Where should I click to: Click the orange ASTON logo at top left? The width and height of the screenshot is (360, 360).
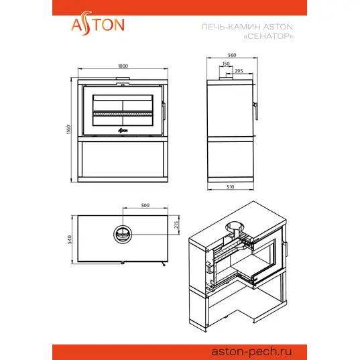tap(98, 23)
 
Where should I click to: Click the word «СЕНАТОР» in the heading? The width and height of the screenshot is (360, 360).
tap(268, 36)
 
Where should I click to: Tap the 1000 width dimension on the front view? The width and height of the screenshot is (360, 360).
tap(123, 66)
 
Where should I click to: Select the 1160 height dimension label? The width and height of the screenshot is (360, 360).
tap(68, 129)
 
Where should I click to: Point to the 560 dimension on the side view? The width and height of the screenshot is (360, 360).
tap(232, 55)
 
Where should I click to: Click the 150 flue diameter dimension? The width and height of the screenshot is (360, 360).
tap(226, 64)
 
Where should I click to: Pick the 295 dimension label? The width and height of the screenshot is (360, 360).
tap(239, 70)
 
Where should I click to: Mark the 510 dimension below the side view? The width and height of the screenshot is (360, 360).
tap(231, 186)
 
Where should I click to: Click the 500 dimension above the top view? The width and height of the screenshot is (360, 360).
tap(145, 205)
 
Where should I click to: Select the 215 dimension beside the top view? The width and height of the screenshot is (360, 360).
tap(176, 225)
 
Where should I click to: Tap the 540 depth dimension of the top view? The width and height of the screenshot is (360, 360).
tap(70, 239)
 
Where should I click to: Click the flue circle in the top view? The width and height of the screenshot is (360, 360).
tap(123, 225)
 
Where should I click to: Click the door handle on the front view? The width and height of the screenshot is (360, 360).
tap(164, 111)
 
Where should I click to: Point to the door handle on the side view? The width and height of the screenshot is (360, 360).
tap(256, 111)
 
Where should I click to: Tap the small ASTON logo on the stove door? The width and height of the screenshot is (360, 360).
tap(123, 131)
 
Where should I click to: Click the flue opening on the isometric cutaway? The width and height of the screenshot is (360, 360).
tap(235, 227)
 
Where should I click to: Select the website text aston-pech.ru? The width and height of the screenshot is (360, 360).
tap(251, 351)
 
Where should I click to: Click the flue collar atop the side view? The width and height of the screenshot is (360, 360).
tap(226, 78)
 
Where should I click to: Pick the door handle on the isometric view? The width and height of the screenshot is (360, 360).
tap(286, 249)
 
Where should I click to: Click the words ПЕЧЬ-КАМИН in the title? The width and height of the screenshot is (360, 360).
tap(231, 27)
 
